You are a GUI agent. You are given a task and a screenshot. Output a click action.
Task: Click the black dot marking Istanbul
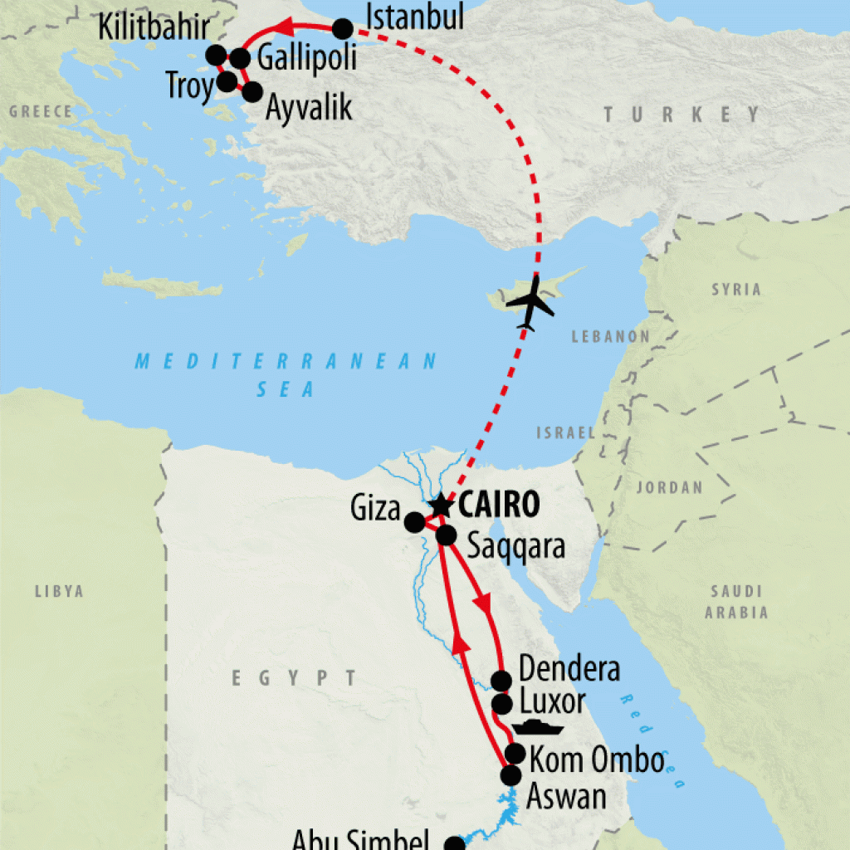coord(343,29)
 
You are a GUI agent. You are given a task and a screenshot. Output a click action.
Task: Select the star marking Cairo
coord(439,505)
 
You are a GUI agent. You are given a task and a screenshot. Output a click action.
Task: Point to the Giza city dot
coord(413,522)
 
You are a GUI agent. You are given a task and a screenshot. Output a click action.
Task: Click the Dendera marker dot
coord(501,681)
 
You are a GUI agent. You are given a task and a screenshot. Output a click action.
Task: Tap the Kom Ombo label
coord(597,760)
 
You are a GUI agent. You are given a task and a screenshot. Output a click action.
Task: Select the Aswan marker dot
coord(510,775)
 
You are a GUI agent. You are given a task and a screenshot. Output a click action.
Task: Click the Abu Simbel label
coord(360,840)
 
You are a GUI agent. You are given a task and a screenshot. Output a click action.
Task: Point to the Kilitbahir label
coord(154,27)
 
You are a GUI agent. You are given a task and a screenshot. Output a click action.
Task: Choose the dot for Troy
coord(226,82)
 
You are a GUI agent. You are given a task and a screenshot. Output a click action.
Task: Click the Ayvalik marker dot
coord(252,92)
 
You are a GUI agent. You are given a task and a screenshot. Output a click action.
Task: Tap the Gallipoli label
coord(306,58)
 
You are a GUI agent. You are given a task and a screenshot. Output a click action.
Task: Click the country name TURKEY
coord(681,115)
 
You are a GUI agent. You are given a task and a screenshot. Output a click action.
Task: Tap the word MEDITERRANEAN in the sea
coord(286,361)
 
